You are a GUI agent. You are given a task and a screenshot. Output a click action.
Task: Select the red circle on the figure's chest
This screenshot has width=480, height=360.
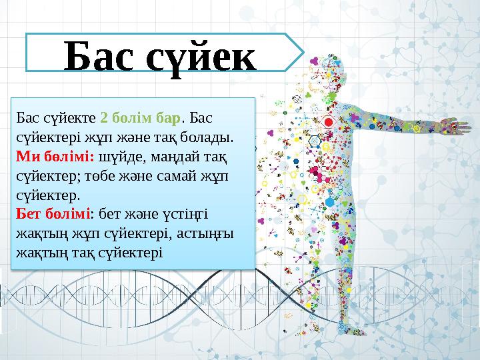coord(328,123)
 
